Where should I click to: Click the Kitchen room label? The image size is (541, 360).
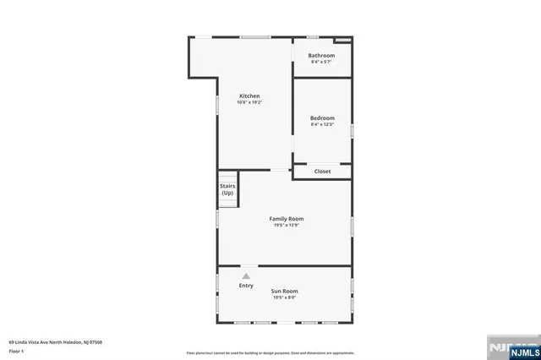click(249, 95)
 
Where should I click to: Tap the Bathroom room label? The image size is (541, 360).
click(321, 56)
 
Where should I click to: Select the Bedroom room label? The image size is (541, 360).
click(322, 117)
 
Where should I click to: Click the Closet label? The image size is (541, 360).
click(322, 172)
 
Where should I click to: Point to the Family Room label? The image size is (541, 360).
click(287, 219)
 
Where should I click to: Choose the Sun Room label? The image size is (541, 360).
click(284, 291)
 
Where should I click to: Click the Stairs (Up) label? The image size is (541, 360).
click(227, 189)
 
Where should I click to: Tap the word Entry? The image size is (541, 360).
click(246, 286)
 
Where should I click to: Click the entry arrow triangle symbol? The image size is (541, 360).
click(246, 275)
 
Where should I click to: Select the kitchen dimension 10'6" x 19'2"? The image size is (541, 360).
click(249, 102)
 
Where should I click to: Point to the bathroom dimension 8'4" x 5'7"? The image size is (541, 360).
click(321, 62)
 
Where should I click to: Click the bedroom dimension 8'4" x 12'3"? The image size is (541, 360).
click(322, 124)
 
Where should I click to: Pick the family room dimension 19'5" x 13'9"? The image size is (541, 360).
click(287, 226)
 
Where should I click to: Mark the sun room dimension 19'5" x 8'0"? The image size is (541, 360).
click(285, 297)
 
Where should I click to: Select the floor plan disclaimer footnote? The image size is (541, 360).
click(270, 352)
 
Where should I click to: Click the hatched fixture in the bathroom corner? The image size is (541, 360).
click(342, 39)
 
